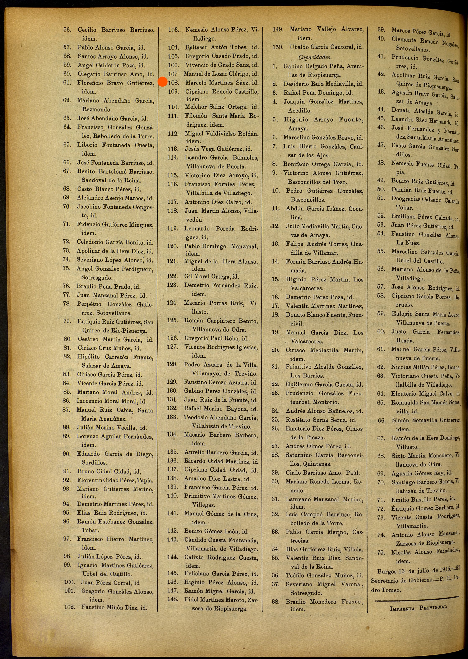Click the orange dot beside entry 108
(x=163, y=82)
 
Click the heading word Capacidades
(x=315, y=57)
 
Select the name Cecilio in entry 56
(x=87, y=30)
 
